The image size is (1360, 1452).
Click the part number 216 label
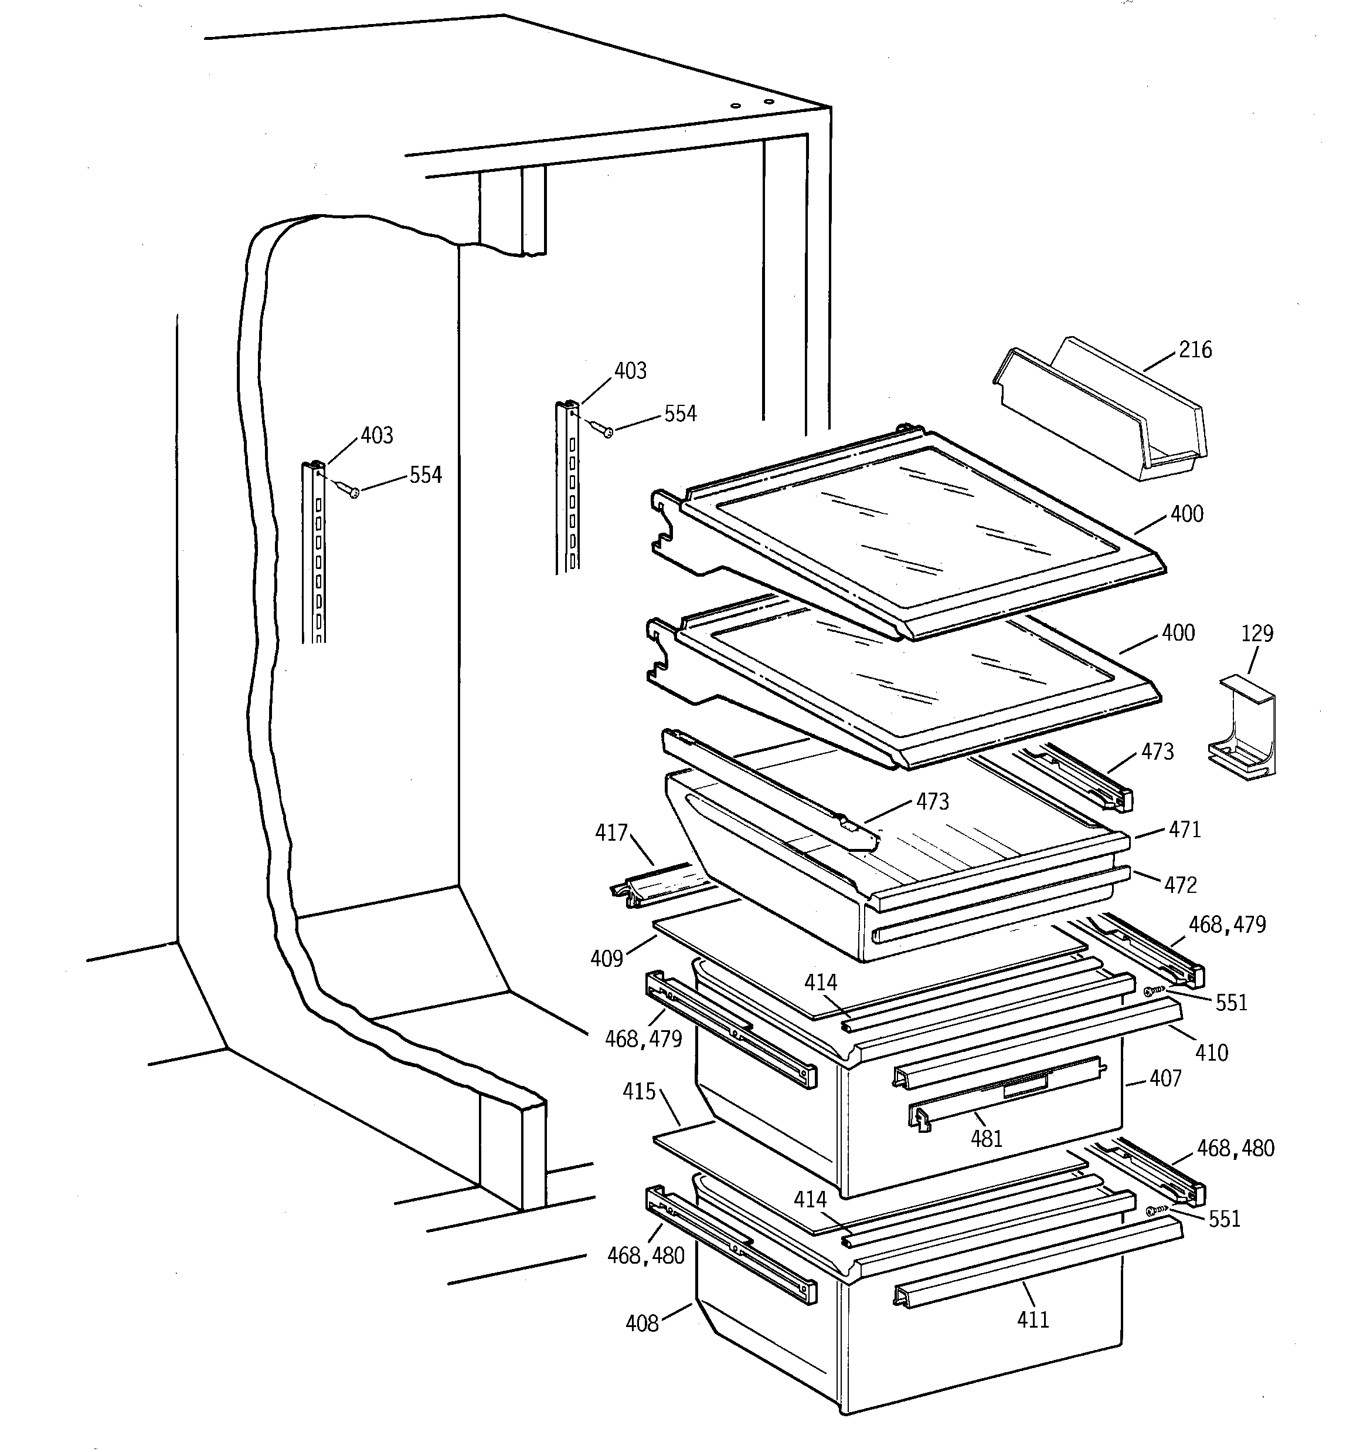point(1195,350)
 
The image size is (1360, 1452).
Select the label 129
point(1257,633)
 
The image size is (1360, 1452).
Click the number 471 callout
point(1184,830)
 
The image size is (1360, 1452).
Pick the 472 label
point(1181,885)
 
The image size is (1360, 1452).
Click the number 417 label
point(611,832)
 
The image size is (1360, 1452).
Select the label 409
point(607,958)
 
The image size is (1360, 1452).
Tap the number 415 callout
point(639,1092)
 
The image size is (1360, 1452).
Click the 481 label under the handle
point(986,1139)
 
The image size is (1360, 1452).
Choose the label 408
point(642,1324)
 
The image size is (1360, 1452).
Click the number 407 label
point(1165,1079)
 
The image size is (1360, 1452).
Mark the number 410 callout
point(1212,1053)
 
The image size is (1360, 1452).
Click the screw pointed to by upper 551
point(1150,991)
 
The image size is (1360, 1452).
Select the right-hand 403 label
point(630,371)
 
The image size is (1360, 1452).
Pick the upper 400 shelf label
point(1186,514)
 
